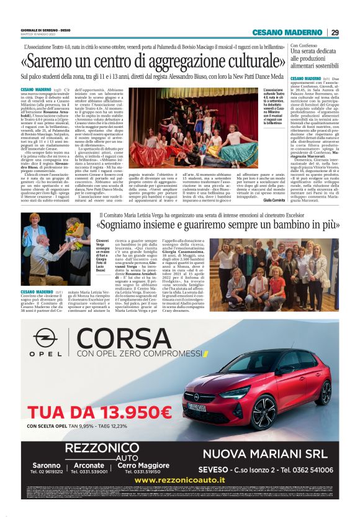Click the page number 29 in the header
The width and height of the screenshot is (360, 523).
point(335,32)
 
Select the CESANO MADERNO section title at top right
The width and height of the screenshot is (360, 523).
point(296,32)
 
